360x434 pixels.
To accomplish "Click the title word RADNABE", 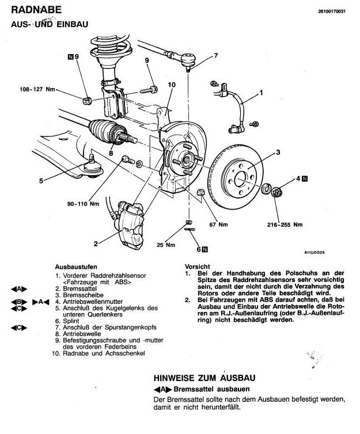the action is point(36,10).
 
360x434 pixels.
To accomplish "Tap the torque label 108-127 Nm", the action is point(37,89).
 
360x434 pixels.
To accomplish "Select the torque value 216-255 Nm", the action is point(285,224).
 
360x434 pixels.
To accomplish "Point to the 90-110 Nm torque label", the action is point(83,204).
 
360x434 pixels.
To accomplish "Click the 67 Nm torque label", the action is point(218,224).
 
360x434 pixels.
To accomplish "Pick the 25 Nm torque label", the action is point(166,245).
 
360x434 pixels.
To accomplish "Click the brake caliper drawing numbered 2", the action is point(130,224).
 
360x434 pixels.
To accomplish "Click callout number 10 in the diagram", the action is point(172,85).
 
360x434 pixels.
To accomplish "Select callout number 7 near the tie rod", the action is point(216,56).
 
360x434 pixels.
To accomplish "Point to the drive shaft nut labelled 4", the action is point(276,192).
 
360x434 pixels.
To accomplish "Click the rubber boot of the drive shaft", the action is point(101,130).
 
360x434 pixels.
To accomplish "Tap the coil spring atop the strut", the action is point(111,48).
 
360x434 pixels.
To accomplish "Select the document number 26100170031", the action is point(332,12).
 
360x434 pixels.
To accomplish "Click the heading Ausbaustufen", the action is point(76,267).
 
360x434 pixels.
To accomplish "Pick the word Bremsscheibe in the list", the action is point(83,295).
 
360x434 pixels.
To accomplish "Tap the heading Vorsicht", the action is point(198,267).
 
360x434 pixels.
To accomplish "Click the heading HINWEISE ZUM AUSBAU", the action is point(204,378).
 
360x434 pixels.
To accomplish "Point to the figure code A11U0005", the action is point(314,253).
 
